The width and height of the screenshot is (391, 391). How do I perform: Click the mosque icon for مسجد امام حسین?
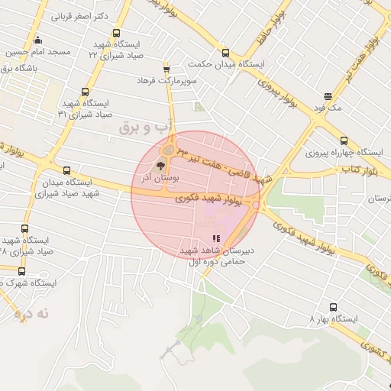click(x=38, y=41)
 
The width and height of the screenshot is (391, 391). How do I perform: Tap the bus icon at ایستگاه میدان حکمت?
click(x=225, y=53)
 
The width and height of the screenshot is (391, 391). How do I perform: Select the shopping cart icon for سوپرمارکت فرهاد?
click(x=166, y=69)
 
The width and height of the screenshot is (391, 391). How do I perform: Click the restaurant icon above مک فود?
click(x=328, y=96)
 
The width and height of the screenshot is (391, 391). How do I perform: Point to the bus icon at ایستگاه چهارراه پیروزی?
click(x=344, y=141)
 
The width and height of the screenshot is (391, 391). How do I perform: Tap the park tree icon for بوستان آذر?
click(x=160, y=166)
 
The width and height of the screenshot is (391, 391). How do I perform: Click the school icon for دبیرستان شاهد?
click(x=215, y=239)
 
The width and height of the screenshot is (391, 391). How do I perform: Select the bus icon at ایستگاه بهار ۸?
click(x=333, y=306)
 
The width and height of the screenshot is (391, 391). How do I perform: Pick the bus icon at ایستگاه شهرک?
click(x=21, y=271)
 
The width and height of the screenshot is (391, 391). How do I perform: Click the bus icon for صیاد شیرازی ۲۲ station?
click(x=116, y=34)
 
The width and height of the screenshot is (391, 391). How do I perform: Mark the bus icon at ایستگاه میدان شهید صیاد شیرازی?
click(x=66, y=171)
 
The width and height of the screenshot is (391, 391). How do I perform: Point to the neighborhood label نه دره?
click(x=31, y=313)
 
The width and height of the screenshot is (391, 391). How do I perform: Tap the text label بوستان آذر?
click(x=166, y=177)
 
